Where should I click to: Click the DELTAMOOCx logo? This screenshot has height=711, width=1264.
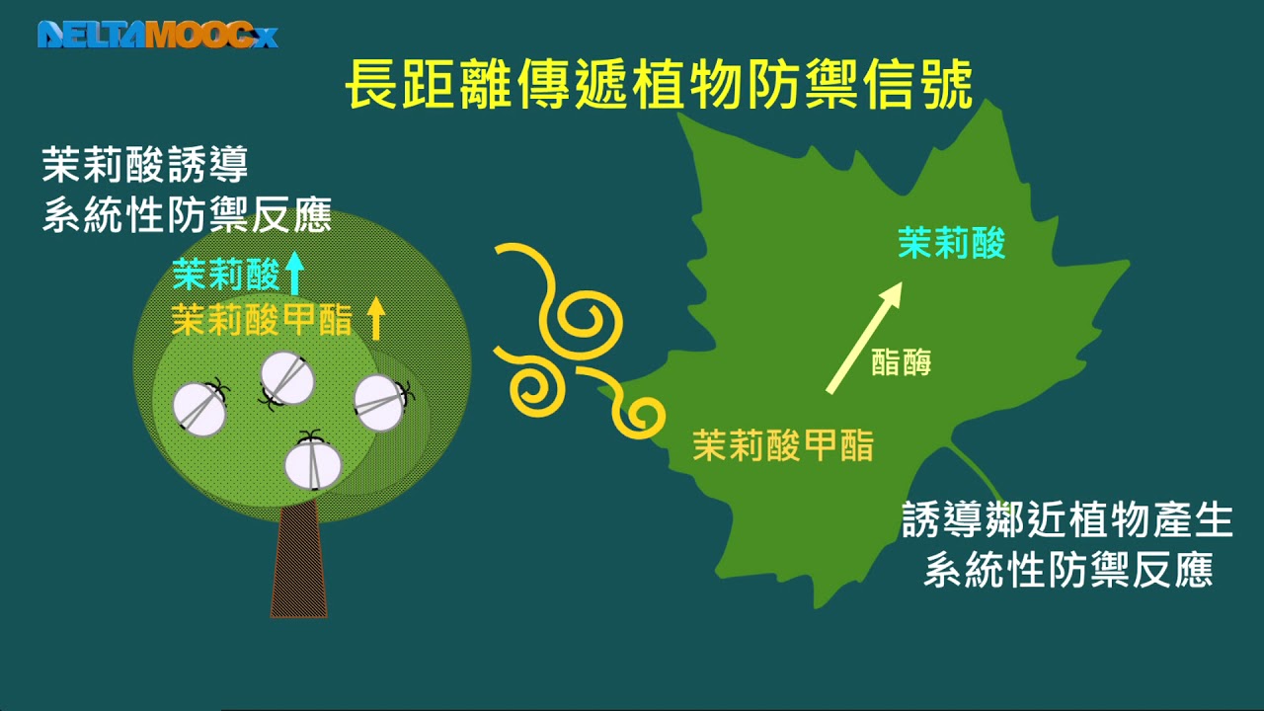point(157,36)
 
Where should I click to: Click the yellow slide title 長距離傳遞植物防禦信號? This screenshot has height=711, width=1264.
point(659,85)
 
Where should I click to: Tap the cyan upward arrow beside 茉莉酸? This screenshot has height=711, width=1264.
point(293,274)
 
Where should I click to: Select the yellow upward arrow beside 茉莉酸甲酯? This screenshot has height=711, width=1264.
point(375,318)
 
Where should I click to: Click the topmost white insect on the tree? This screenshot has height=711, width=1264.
point(287,378)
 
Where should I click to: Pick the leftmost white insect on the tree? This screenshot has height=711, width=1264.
point(199,409)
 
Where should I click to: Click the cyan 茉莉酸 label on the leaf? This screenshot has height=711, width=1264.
point(951,243)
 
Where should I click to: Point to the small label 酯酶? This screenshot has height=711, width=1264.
point(902,363)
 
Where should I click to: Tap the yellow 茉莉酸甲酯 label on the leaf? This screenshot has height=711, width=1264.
point(783,445)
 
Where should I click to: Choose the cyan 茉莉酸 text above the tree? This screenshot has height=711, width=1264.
point(226,275)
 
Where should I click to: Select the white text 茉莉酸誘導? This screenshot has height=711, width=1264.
point(144,166)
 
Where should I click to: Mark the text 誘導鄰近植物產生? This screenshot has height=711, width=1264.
point(1067,520)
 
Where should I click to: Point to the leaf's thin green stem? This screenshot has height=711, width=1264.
point(978,476)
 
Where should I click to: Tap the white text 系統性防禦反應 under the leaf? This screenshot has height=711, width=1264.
point(1067,571)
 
